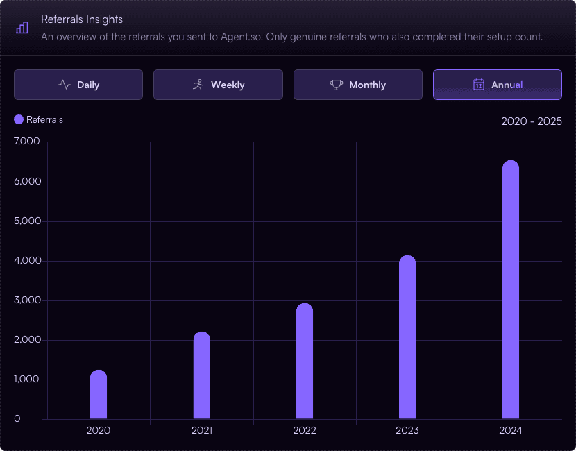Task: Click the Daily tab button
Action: point(78,85)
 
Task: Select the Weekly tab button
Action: point(218,85)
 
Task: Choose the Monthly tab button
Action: point(358,85)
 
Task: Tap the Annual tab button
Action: point(498,85)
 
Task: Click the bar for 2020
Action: point(99,394)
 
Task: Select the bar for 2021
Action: point(202,375)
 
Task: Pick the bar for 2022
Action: point(305,361)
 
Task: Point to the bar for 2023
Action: point(407,337)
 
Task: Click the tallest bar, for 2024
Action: point(511,290)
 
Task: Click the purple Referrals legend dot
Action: point(19,119)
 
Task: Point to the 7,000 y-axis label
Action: point(27,141)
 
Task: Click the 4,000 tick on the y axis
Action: point(28,260)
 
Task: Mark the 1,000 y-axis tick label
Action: point(26,379)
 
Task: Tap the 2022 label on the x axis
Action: point(305,430)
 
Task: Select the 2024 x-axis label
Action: point(511,430)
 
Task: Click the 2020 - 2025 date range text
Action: point(532,121)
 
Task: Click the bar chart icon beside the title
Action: point(22,28)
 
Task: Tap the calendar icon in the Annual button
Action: point(479,85)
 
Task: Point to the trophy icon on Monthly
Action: point(337,85)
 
